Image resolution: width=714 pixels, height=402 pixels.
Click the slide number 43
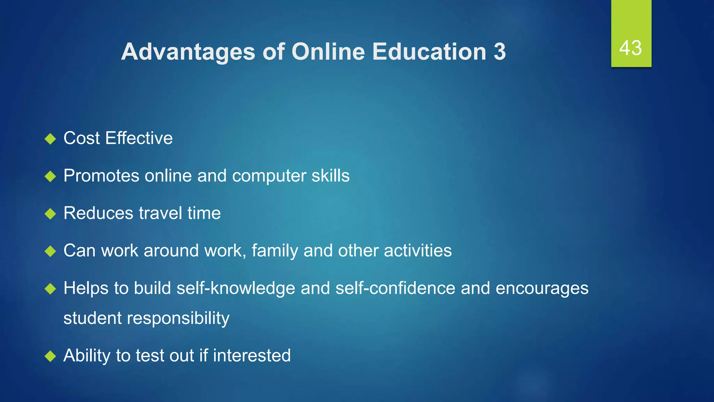[630, 48]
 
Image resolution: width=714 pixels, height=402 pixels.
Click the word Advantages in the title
[188, 52]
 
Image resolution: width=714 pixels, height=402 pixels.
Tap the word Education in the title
[429, 52]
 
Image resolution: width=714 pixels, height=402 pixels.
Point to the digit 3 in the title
[500, 52]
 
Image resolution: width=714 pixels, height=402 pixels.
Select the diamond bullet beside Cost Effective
[51, 139]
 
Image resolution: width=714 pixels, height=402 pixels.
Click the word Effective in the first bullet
[139, 138]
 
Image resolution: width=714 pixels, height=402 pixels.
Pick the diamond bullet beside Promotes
[51, 176]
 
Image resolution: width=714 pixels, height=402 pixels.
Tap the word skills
[331, 176]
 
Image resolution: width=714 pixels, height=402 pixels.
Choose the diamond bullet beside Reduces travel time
[51, 214]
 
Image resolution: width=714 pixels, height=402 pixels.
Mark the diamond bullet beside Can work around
[51, 251]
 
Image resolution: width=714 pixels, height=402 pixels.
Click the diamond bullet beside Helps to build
[51, 289]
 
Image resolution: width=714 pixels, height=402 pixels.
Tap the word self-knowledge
[236, 288]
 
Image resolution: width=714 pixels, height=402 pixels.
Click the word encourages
[542, 288]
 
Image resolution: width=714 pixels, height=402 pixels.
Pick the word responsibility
[178, 318]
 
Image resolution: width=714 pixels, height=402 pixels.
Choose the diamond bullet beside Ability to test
[51, 356]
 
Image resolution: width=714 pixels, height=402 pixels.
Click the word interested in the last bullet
[252, 356]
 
